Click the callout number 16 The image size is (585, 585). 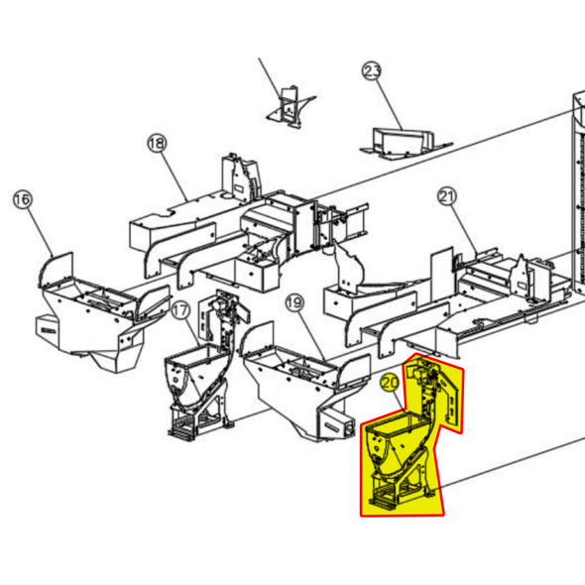coord(23,199)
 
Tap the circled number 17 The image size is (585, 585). coord(180,310)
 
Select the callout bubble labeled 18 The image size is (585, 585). coord(157,143)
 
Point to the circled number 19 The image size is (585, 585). coord(294,303)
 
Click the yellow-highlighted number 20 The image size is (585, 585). coord(391,383)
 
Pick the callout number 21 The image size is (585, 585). coord(447,196)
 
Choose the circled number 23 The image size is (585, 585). coord(372,70)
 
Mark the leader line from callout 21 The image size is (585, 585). coord(464,229)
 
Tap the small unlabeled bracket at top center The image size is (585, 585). coord(290,108)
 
